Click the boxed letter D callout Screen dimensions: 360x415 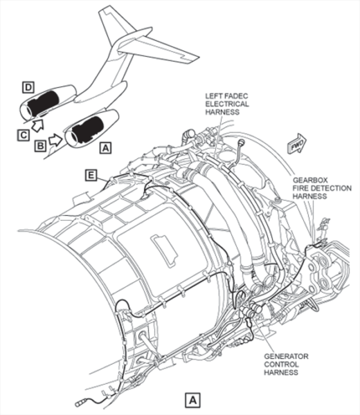tap(28, 88)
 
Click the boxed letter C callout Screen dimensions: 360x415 tap(24, 136)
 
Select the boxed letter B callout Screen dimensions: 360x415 tap(40, 146)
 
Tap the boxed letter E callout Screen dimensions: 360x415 tap(91, 175)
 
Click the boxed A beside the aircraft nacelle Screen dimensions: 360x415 tap(105, 148)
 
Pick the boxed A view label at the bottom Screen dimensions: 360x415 tap(192, 400)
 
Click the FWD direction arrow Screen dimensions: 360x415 tap(297, 144)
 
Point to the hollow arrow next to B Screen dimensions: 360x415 tap(55, 140)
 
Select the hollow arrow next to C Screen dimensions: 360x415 tap(37, 125)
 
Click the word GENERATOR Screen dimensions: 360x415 tap(286, 356)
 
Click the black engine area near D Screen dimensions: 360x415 tap(44, 102)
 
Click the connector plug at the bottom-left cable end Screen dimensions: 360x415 tap(80, 404)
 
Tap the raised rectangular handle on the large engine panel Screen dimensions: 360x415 tap(164, 249)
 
